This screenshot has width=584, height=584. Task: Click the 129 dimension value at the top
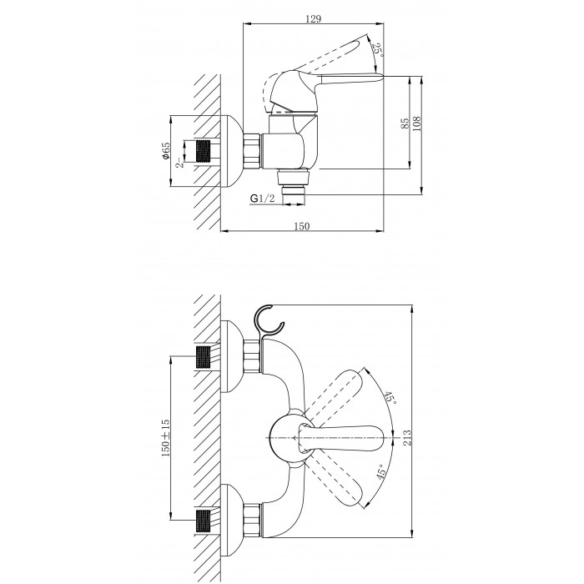click(313, 18)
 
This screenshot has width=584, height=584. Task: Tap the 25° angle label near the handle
click(379, 49)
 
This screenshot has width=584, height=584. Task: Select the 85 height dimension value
click(405, 123)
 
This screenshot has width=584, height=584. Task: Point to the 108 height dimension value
click(416, 123)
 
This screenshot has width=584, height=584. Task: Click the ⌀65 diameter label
click(165, 151)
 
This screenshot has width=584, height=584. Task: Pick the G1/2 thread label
click(262, 199)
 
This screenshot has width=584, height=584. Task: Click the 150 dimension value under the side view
click(302, 226)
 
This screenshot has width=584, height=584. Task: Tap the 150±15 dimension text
click(165, 438)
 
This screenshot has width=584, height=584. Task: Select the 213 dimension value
click(407, 437)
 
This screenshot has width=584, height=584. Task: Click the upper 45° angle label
click(390, 398)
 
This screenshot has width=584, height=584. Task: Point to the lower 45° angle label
click(381, 472)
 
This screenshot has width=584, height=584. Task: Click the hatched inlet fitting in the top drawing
click(203, 151)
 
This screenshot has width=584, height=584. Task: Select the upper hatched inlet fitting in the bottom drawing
click(203, 357)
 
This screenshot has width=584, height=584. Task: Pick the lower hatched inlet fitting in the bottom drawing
click(203, 521)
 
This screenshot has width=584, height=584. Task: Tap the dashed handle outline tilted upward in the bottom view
click(333, 396)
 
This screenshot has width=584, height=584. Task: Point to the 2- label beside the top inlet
click(179, 163)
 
